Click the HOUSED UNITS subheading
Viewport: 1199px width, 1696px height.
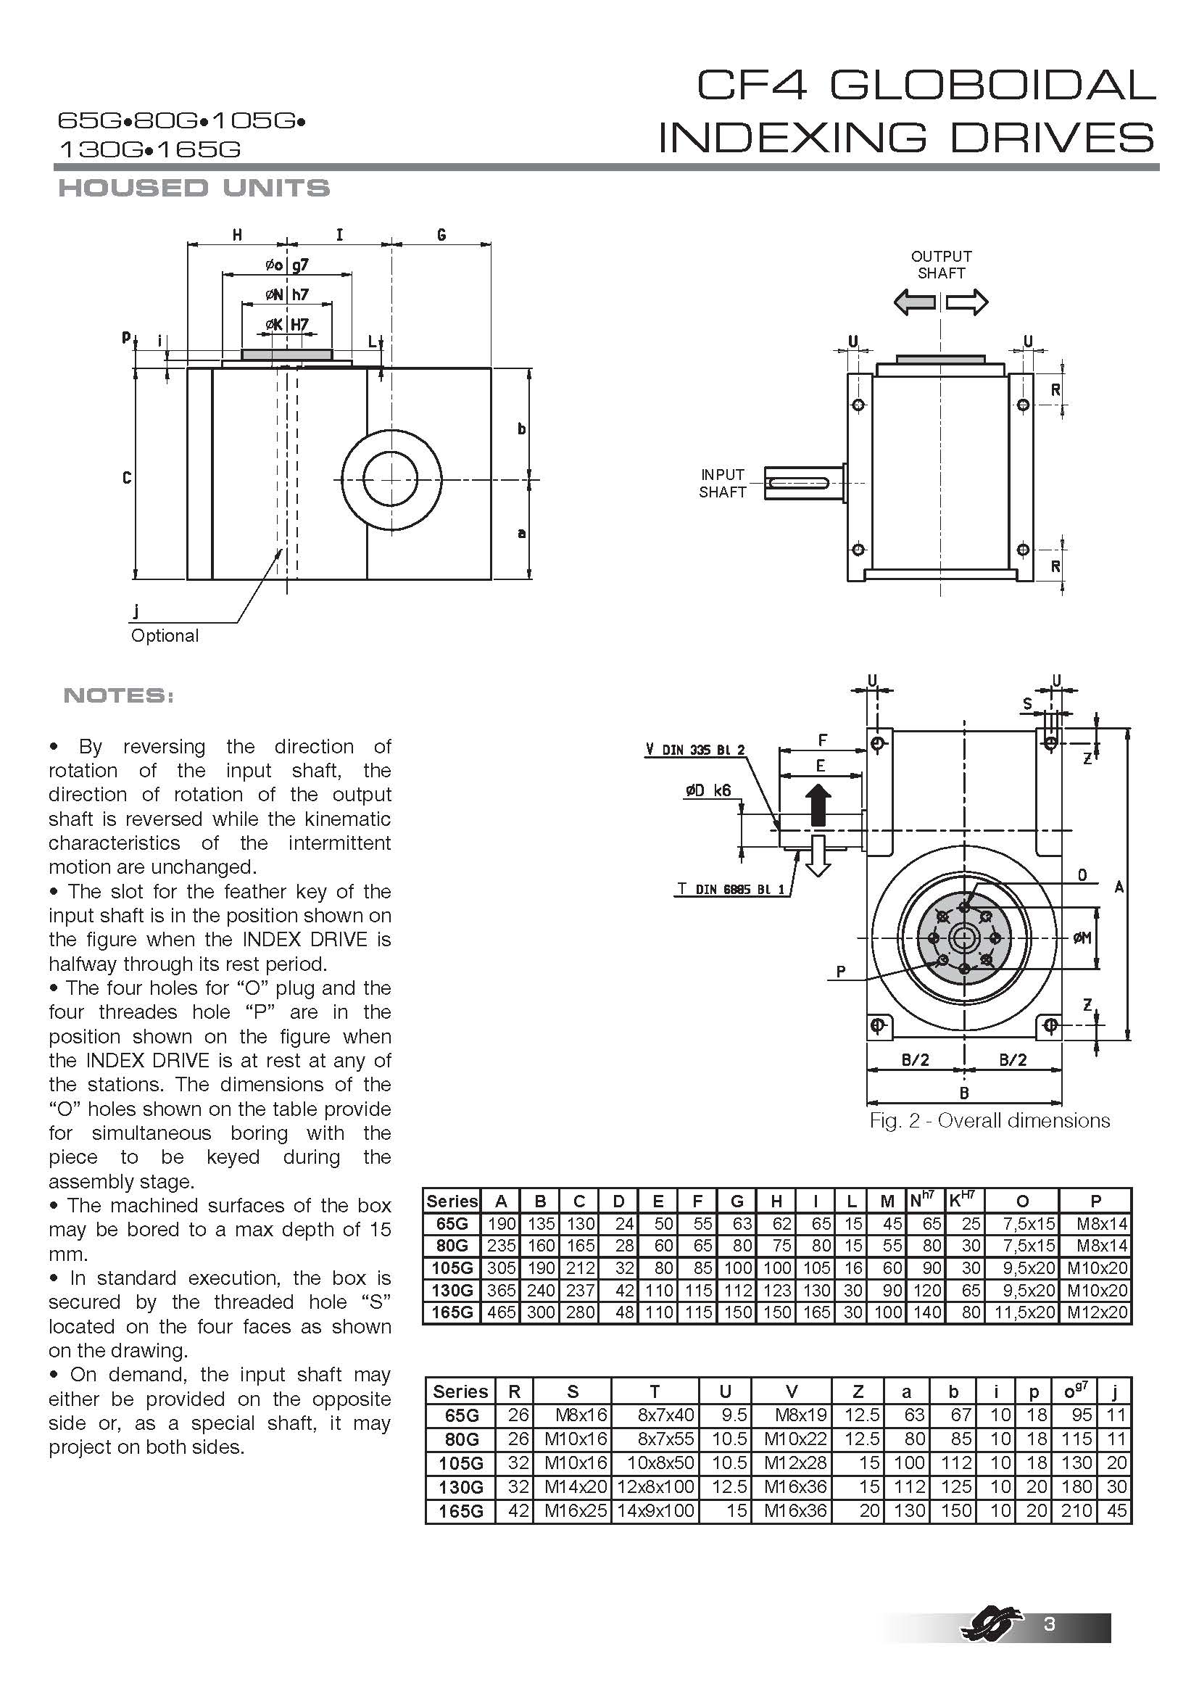coord(194,188)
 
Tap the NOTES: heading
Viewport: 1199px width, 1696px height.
coord(118,695)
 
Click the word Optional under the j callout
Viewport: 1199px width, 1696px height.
coord(165,636)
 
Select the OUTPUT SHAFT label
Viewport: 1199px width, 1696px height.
coord(941,265)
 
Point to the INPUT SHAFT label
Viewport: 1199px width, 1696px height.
coord(723,483)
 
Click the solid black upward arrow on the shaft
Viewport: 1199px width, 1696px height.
coord(818,804)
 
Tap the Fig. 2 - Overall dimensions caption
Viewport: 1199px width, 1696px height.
coord(990,1120)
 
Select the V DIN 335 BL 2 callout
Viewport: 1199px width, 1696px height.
coord(694,750)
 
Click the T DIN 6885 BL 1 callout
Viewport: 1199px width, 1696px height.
coord(731,890)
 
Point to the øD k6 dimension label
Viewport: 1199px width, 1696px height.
coord(708,790)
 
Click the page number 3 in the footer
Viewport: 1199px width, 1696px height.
coord(1049,1623)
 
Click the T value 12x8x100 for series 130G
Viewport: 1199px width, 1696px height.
coord(655,1486)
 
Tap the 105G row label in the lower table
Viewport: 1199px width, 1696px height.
coord(461,1463)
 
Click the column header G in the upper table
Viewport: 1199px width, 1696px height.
coord(736,1201)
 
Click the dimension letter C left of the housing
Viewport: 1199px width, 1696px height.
coord(127,478)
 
